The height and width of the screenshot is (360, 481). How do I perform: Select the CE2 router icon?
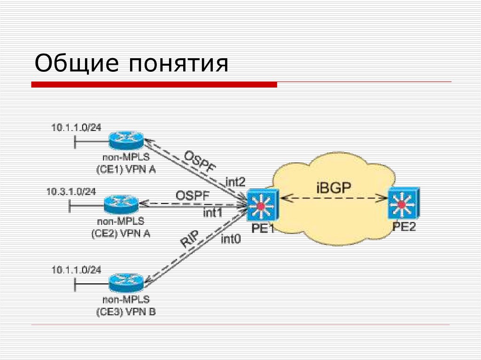point(121,204)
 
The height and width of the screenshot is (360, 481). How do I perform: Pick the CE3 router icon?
point(126,283)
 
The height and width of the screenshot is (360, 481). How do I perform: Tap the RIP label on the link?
point(190,239)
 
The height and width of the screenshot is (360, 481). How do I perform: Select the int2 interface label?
point(235,181)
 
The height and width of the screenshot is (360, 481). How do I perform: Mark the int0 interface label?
point(231,239)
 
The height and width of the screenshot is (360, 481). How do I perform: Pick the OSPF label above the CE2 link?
point(192,195)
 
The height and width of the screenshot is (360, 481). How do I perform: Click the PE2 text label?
point(405,228)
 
